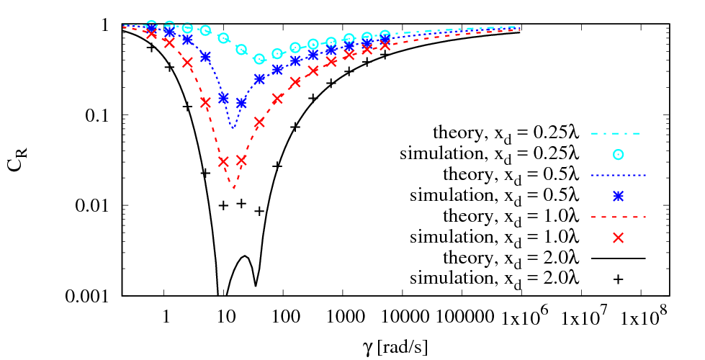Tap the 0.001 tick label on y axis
coord(89,296)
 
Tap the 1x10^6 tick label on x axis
coord(524,315)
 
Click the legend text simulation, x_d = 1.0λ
coord(495,237)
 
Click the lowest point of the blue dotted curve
coord(233,128)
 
